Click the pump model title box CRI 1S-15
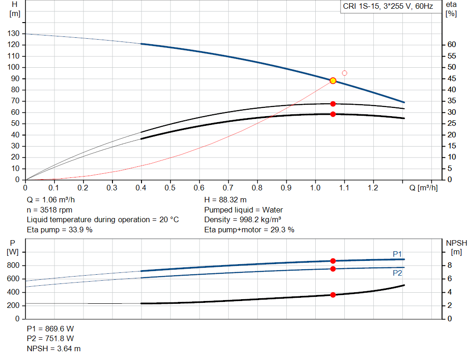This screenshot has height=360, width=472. [388, 7]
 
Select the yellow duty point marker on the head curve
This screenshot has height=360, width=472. [333, 81]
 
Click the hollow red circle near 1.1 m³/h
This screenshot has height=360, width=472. [344, 73]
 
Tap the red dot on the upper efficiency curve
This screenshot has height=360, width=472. [333, 104]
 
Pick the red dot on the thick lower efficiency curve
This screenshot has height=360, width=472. [333, 114]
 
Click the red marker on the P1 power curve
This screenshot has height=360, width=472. [333, 261]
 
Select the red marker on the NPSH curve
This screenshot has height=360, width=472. [333, 295]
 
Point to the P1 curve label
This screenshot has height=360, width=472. [397, 254]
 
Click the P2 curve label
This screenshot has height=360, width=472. [397, 273]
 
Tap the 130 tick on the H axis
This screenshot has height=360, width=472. [13, 34]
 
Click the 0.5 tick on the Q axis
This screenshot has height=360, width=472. [171, 188]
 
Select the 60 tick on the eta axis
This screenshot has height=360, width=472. [452, 45]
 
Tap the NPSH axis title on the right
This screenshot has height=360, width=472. [456, 243]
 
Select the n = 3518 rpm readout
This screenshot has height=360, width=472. [49, 210]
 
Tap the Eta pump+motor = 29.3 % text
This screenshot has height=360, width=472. [249, 230]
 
